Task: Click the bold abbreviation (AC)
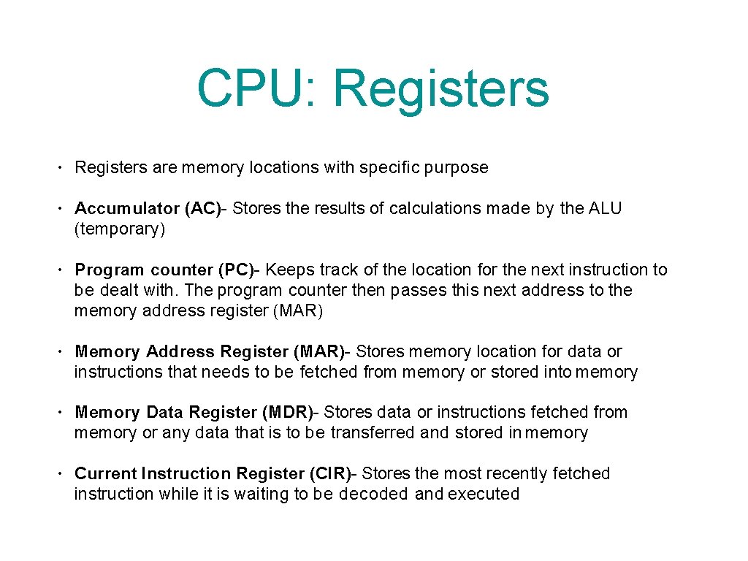click(x=203, y=208)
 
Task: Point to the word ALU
click(x=605, y=208)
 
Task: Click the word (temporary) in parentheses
click(x=120, y=229)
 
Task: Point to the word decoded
click(x=373, y=494)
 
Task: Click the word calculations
click(x=433, y=208)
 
